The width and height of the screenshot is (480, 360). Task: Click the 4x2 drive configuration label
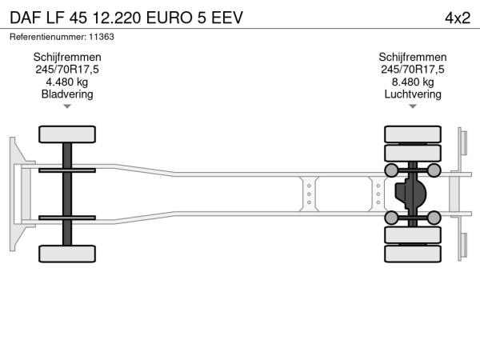pyautogui.click(x=458, y=18)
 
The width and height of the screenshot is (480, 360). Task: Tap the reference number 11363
pyautogui.click(x=102, y=37)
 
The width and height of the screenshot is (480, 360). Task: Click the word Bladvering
pyautogui.click(x=67, y=94)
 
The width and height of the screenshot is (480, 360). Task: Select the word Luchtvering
pyautogui.click(x=413, y=94)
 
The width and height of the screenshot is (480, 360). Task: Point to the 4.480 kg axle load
pyautogui.click(x=67, y=82)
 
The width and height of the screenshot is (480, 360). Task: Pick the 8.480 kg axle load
pyautogui.click(x=413, y=82)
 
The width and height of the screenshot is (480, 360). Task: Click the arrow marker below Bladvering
pyautogui.click(x=67, y=106)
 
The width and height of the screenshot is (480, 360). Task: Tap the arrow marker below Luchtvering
pyautogui.click(x=413, y=106)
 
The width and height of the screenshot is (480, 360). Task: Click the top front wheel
pyautogui.click(x=67, y=134)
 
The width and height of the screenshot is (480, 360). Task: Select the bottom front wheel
pyautogui.click(x=67, y=254)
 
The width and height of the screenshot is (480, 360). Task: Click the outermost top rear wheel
pyautogui.click(x=413, y=134)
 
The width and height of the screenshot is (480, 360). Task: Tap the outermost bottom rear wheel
pyautogui.click(x=413, y=254)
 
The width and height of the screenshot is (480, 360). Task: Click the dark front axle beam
pyautogui.click(x=67, y=194)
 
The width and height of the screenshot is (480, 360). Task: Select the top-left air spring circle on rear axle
pyautogui.click(x=391, y=170)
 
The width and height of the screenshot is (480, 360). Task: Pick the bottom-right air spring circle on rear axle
pyautogui.click(x=434, y=218)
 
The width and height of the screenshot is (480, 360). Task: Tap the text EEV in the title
pyautogui.click(x=227, y=18)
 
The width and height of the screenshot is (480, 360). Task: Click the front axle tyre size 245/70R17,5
pyautogui.click(x=67, y=70)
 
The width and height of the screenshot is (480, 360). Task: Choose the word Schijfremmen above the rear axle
pyautogui.click(x=413, y=58)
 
